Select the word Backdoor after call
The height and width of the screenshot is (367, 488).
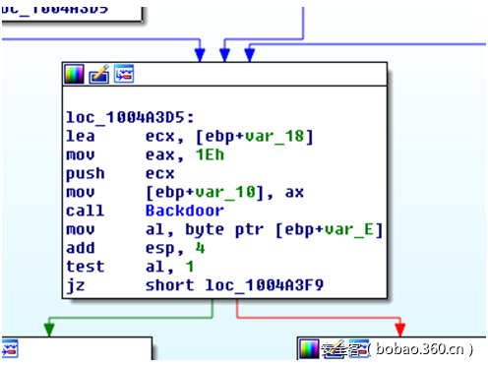184,210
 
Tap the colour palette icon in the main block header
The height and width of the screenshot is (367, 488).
74,74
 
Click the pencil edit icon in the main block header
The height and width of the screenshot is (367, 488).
99,74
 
